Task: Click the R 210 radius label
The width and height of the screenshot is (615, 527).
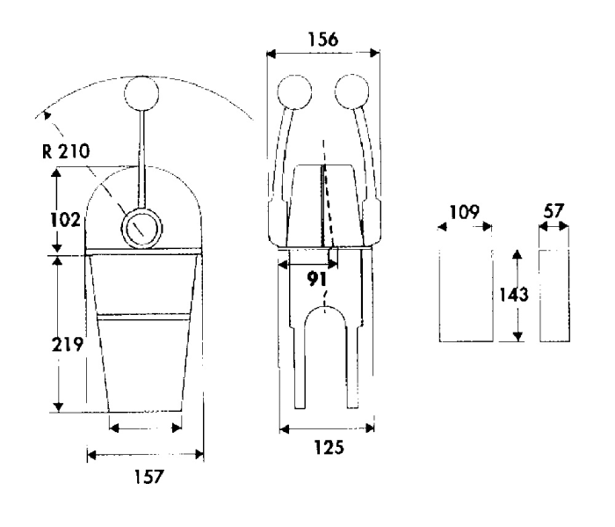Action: [66, 151]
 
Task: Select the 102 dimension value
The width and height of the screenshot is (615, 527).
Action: [66, 220]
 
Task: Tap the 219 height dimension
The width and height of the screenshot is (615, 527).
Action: [68, 344]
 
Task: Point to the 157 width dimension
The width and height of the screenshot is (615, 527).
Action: [148, 476]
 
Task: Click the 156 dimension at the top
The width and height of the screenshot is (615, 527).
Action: [323, 40]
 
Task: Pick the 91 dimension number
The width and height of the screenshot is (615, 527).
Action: [316, 278]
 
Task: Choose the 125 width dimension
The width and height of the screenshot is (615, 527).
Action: [329, 447]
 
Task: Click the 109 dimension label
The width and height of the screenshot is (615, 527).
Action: [464, 212]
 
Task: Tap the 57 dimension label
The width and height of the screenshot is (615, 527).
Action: [553, 211]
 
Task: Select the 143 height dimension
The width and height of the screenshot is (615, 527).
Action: [514, 294]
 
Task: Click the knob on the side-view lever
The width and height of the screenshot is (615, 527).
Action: [141, 93]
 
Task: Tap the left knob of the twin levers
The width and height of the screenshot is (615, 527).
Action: [294, 91]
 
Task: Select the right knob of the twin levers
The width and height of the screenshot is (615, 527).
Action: [351, 91]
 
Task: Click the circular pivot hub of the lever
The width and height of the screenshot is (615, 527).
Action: [141, 228]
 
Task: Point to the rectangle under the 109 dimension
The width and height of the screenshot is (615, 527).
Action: [466, 296]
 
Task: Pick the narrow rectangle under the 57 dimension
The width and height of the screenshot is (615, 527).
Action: [554, 296]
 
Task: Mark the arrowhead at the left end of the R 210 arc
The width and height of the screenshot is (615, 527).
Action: [47, 114]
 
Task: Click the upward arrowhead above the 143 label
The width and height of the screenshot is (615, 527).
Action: [517, 254]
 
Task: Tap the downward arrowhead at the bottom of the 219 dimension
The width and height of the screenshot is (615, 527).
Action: [58, 406]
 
